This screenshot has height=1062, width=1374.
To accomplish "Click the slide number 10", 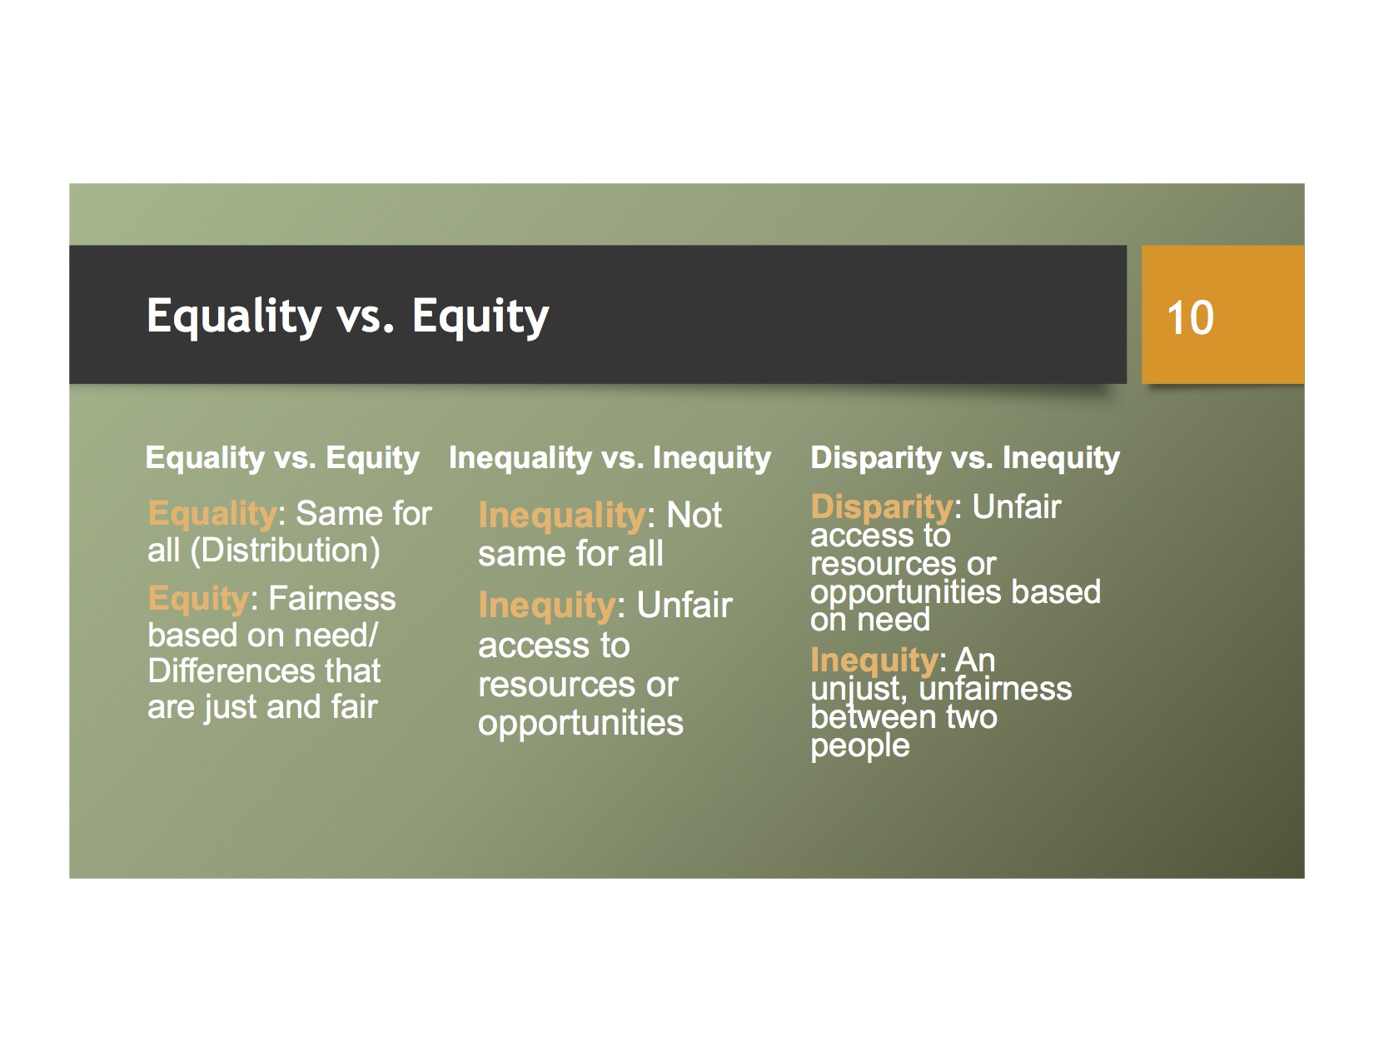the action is click(1190, 317).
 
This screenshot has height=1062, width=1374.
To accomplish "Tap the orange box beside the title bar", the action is click(1223, 314).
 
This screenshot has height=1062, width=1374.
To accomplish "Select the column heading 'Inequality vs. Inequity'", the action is click(610, 458).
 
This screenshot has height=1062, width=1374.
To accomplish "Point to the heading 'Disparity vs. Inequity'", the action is click(965, 458).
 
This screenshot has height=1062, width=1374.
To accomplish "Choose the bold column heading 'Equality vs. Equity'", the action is click(282, 458).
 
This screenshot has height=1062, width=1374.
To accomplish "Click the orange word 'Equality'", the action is click(212, 514).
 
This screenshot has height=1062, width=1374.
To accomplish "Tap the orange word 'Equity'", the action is click(198, 598).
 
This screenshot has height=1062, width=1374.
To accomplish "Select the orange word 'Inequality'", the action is click(562, 516).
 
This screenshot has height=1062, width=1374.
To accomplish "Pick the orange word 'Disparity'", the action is click(882, 506).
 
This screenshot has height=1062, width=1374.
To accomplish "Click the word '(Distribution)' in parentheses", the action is click(285, 551).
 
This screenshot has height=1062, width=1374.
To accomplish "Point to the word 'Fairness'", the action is click(332, 598).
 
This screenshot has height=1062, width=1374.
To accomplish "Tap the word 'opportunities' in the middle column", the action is click(580, 724).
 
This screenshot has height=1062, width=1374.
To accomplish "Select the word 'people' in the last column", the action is click(860, 746).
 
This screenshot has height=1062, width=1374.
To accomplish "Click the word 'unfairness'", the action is click(995, 688).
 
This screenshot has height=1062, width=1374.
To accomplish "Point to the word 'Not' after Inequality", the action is click(694, 516).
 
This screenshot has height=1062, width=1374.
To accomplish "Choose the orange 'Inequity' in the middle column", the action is click(547, 606).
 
